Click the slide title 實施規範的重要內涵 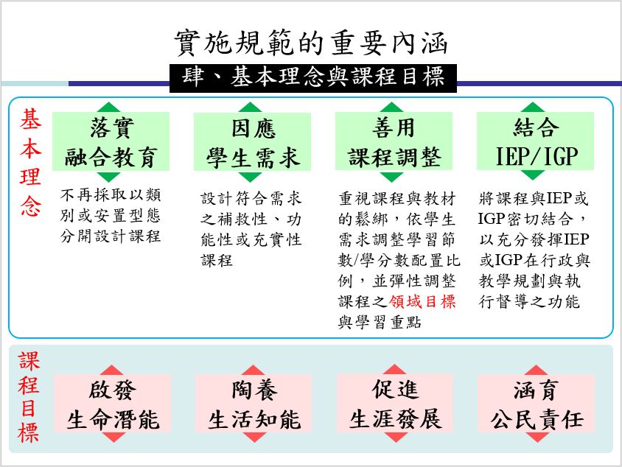click(x=310, y=43)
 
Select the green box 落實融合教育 click(x=111, y=141)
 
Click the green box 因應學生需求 click(x=252, y=141)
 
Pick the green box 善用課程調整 click(x=394, y=141)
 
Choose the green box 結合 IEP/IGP click(x=535, y=141)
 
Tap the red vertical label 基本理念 click(x=30, y=163)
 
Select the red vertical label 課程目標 click(x=30, y=397)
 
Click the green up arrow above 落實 click(x=111, y=107)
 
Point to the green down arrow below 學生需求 click(x=252, y=176)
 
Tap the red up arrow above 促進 click(x=395, y=369)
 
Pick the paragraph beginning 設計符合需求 click(x=251, y=229)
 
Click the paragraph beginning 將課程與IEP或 click(x=534, y=250)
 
